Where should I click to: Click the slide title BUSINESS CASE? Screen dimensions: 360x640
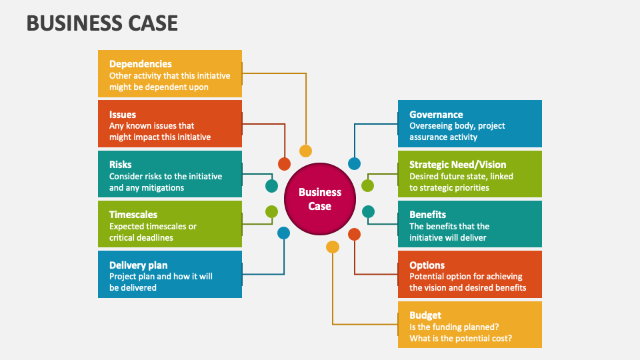point(102,23)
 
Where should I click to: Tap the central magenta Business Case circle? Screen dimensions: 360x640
point(320,199)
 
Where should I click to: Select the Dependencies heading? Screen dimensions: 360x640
point(140,64)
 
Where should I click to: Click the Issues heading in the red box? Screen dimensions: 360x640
point(123,115)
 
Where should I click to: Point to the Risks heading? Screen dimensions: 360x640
point(121,165)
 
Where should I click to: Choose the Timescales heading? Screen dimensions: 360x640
point(133,215)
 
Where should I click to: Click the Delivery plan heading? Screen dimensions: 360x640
point(138,265)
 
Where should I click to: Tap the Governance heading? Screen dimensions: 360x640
point(436,115)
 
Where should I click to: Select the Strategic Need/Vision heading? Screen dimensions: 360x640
point(457,165)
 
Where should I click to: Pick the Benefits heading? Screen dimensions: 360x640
point(427,215)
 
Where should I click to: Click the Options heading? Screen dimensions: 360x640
point(427,265)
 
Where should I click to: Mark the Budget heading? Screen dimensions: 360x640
point(425,315)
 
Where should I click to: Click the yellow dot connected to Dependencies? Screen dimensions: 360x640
point(305,151)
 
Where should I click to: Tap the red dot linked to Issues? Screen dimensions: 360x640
point(284,164)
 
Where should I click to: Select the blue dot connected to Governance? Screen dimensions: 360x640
point(355,163)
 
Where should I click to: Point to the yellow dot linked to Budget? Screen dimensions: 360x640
point(333,247)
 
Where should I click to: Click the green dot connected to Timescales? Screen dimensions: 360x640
point(271,212)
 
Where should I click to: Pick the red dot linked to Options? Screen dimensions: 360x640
point(354,234)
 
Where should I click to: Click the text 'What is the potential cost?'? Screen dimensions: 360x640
point(461,338)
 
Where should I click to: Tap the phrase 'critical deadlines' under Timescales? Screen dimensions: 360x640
point(141,238)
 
